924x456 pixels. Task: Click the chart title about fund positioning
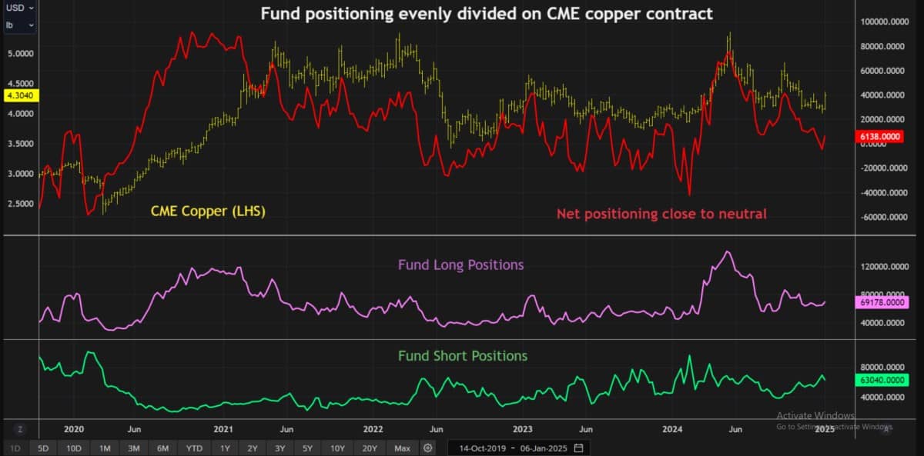pyautogui.click(x=487, y=14)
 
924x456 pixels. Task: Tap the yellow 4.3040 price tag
pyautogui.click(x=21, y=95)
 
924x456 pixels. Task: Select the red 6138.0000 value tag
pyautogui.click(x=879, y=136)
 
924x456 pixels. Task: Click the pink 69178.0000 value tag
pyautogui.click(x=882, y=302)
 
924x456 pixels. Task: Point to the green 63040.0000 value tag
pyautogui.click(x=882, y=379)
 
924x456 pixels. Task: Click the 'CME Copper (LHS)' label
pyautogui.click(x=208, y=211)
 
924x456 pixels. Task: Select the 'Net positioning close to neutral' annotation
pyautogui.click(x=661, y=214)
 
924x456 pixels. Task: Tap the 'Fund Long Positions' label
pyautogui.click(x=460, y=265)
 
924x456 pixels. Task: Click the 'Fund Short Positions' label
pyautogui.click(x=463, y=356)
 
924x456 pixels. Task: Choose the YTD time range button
pyautogui.click(x=194, y=448)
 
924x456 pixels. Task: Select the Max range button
pyautogui.click(x=402, y=448)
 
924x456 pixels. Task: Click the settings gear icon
pyautogui.click(x=428, y=448)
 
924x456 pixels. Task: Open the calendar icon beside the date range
pyautogui.click(x=579, y=448)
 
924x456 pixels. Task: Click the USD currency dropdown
pyautogui.click(x=19, y=8)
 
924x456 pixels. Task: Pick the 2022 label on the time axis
pyautogui.click(x=373, y=429)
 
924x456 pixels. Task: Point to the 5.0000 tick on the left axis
pyautogui.click(x=21, y=54)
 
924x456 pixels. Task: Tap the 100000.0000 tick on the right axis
pyautogui.click(x=885, y=22)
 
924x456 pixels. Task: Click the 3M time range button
pyautogui.click(x=134, y=448)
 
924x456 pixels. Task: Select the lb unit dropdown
pyautogui.click(x=19, y=25)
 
